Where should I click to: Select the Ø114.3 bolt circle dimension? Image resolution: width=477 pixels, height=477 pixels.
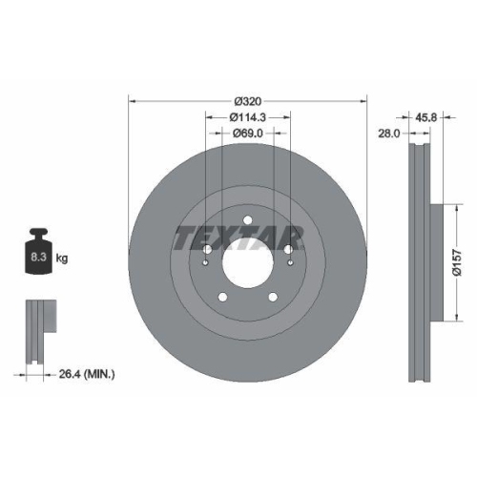click(247, 116)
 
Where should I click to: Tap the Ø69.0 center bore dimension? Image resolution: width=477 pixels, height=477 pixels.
click(247, 135)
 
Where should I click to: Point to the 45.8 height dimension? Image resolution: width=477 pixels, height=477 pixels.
click(427, 117)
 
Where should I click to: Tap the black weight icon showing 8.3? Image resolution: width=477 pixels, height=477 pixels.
click(38, 253)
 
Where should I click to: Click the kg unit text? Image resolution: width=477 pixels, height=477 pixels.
click(63, 259)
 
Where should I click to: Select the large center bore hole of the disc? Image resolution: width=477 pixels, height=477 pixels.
click(247, 259)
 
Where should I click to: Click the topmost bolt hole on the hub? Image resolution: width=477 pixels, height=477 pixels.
click(247, 221)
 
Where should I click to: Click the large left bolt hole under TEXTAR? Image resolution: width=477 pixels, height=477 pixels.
click(207, 251)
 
